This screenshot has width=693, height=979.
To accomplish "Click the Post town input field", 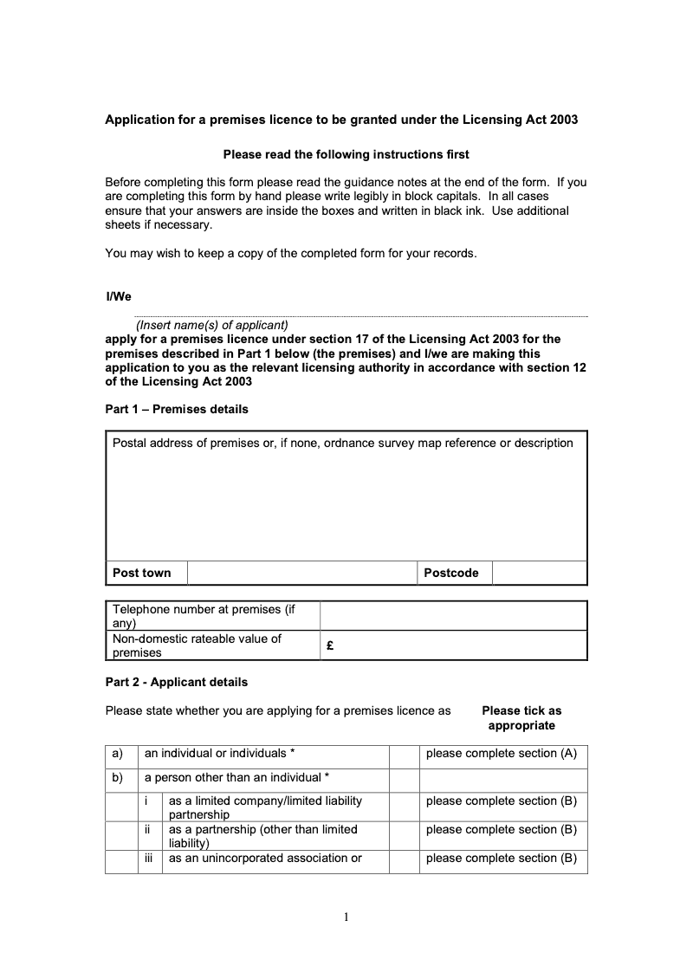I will [x=302, y=573].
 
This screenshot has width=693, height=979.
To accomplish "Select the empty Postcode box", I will [x=539, y=573].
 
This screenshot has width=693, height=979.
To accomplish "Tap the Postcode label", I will [x=450, y=573].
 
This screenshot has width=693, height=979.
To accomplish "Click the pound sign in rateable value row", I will [x=331, y=645].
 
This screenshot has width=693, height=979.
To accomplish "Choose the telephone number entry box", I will [x=453, y=616].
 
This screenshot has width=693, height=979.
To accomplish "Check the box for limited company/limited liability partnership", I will [x=404, y=807].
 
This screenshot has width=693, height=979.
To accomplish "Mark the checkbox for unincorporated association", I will [x=404, y=860].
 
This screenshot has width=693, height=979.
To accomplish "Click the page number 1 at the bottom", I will [x=346, y=918].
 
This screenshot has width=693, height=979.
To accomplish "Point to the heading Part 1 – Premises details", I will [x=177, y=409].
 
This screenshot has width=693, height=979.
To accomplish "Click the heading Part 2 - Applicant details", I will [x=176, y=682].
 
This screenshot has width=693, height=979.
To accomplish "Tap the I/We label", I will [x=119, y=297].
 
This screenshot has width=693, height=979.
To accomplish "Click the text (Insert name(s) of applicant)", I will [x=211, y=325].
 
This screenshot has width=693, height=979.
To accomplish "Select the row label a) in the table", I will [x=118, y=754].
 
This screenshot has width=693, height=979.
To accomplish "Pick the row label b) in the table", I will [x=118, y=778].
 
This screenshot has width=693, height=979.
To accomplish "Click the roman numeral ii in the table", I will [x=148, y=830].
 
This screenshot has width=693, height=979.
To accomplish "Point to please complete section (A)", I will [x=501, y=754].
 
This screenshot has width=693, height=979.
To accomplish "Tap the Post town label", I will [x=142, y=573].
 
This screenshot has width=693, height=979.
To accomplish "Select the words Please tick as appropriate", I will [x=521, y=718].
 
